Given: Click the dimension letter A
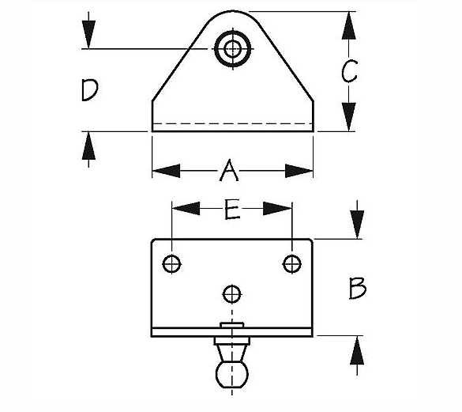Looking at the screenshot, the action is pyautogui.click(x=229, y=170).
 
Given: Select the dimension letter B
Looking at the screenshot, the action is pyautogui.click(x=358, y=288).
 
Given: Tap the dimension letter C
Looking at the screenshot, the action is pyautogui.click(x=349, y=71).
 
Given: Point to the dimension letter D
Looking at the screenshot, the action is pyautogui.click(x=89, y=89).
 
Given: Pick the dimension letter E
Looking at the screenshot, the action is pyautogui.click(x=232, y=210).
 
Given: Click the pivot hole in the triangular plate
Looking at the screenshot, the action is pyautogui.click(x=233, y=48).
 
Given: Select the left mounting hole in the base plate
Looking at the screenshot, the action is pyautogui.click(x=172, y=263).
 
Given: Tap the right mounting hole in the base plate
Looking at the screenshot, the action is pyautogui.click(x=292, y=263).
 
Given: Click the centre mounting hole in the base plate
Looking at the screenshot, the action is pyautogui.click(x=232, y=294).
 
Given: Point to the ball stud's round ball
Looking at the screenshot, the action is pyautogui.click(x=232, y=374).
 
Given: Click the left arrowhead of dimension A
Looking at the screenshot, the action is pyautogui.click(x=166, y=171).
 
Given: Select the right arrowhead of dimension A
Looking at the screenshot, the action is pyautogui.click(x=299, y=171).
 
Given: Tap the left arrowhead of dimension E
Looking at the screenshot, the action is pyautogui.click(x=186, y=208).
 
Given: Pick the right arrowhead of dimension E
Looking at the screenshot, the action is pyautogui.click(x=277, y=208).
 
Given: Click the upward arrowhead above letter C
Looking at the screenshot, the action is pyautogui.click(x=349, y=25).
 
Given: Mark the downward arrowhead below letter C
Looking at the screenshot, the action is pyautogui.click(x=349, y=116).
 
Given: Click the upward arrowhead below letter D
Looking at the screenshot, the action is pyautogui.click(x=88, y=146).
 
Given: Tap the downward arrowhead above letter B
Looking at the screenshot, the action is pyautogui.click(x=357, y=224).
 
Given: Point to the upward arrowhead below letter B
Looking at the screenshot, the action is pyautogui.click(x=357, y=350).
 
